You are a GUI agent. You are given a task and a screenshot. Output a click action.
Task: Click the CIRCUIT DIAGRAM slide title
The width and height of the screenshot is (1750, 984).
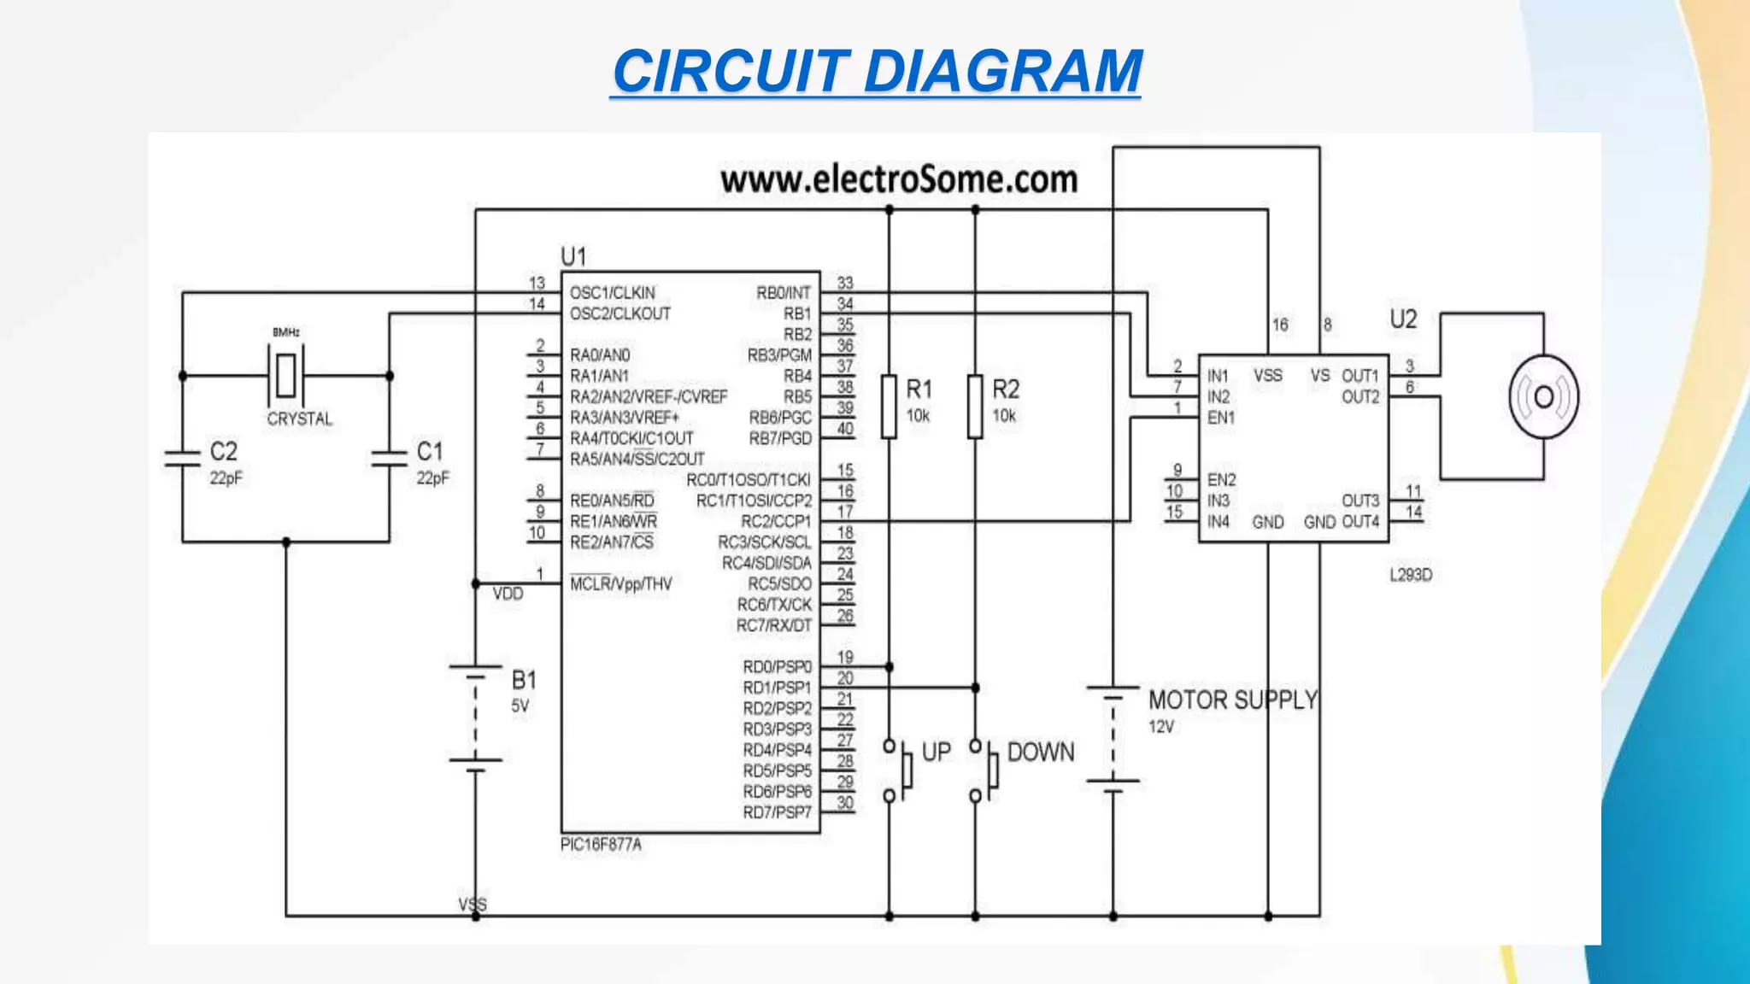[x=877, y=71]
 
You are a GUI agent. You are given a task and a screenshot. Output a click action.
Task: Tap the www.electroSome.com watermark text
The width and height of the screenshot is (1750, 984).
[x=898, y=180]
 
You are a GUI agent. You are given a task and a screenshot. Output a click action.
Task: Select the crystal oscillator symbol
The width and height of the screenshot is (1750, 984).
[x=285, y=375]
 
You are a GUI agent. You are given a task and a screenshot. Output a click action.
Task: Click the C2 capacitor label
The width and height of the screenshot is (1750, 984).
[x=224, y=451]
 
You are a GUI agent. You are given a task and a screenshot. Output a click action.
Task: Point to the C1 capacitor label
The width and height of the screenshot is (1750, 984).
[x=430, y=451]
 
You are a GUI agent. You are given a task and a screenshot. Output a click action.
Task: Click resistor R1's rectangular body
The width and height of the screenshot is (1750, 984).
[x=889, y=407]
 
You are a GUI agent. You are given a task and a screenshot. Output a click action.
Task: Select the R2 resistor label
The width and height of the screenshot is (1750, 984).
[x=1006, y=389]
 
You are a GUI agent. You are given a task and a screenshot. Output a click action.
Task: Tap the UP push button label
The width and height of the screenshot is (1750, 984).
[x=937, y=753]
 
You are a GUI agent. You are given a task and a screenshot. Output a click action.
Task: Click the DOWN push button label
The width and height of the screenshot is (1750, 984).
[x=1041, y=753]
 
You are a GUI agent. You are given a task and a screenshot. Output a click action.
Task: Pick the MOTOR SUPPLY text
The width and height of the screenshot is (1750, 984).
[x=1232, y=700]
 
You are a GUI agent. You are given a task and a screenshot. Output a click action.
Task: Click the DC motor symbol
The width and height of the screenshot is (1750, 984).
[x=1543, y=397]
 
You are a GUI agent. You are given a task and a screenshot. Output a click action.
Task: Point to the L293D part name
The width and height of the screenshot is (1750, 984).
[x=1410, y=575]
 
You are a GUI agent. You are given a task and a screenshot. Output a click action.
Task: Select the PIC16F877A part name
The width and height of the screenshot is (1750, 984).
[x=601, y=845]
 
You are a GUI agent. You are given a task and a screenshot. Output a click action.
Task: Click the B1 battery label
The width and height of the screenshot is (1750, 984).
[x=524, y=681]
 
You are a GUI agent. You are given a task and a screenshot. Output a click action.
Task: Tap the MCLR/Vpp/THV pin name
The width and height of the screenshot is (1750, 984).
[x=620, y=584]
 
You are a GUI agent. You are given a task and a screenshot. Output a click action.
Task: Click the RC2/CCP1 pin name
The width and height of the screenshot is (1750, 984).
[x=775, y=522]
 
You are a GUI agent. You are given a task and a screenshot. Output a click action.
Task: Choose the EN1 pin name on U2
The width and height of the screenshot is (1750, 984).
[x=1220, y=418]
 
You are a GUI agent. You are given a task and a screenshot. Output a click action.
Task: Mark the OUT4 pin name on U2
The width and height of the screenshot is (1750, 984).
[x=1360, y=522]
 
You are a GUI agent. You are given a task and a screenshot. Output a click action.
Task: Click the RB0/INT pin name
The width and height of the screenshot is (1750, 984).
[x=783, y=293]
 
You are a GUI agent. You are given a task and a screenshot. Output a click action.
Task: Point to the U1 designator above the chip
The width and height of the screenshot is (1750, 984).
[x=573, y=256]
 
